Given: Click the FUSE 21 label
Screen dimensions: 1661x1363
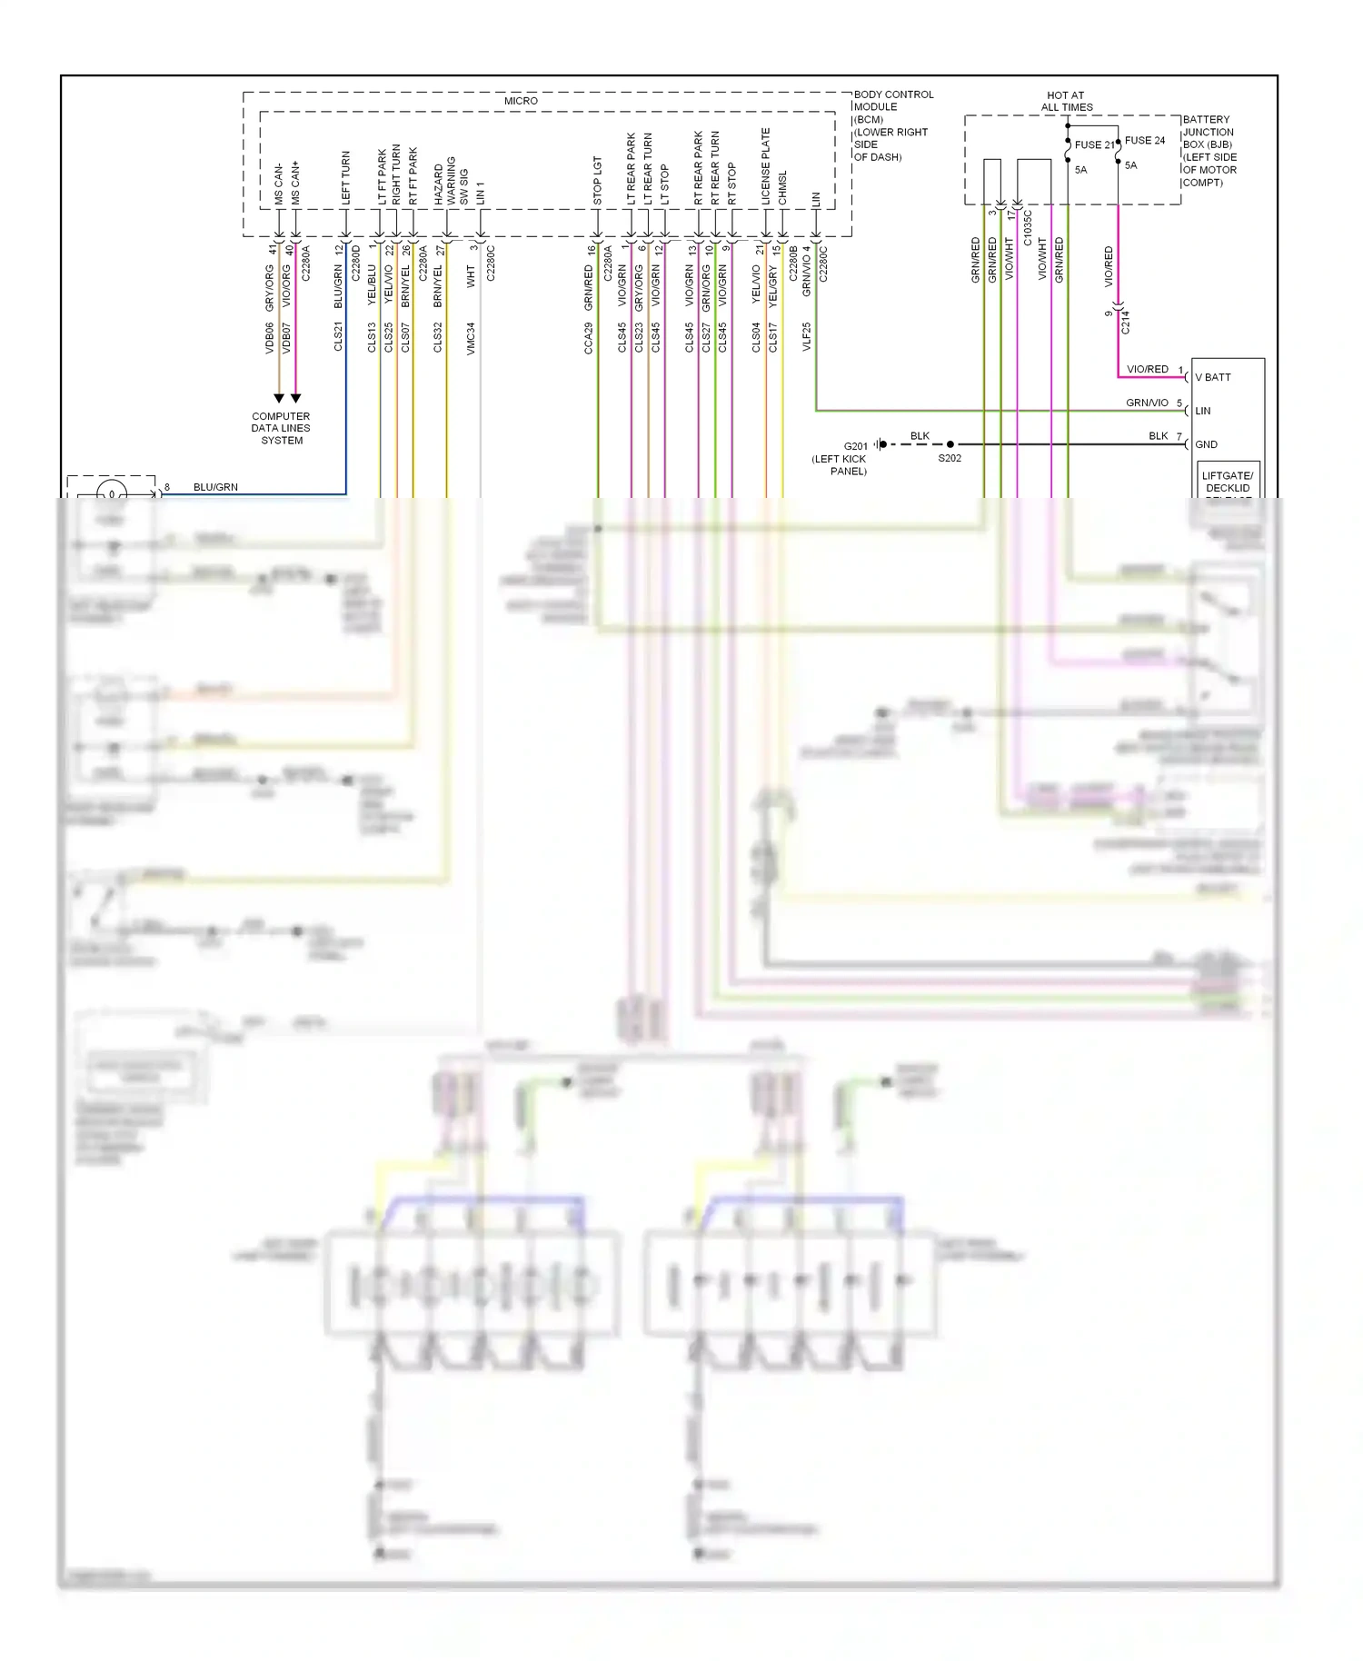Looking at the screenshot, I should tap(1094, 145).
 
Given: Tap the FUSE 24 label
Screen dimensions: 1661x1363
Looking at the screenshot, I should tap(1144, 141).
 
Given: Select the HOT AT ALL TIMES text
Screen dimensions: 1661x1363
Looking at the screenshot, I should tap(1066, 101).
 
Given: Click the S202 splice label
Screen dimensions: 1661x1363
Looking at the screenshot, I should tap(950, 458).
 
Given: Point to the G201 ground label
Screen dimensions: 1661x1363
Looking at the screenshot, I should tap(855, 446).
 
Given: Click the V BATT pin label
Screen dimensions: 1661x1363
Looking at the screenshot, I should tap(1213, 377).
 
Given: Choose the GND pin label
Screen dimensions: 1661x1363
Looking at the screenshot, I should tap(1206, 444).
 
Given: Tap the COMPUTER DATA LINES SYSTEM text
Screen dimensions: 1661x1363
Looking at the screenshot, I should tap(281, 428).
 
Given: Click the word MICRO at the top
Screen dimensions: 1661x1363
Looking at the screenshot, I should tap(521, 101).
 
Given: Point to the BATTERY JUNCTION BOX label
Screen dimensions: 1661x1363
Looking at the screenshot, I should tap(1209, 151).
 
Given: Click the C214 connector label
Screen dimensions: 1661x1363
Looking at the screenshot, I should tap(1126, 322).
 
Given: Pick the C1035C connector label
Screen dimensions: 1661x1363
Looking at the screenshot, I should tap(1028, 228).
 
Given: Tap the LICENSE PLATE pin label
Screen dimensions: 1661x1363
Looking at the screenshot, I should tap(765, 166).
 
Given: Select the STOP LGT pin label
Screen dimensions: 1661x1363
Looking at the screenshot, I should tap(597, 181).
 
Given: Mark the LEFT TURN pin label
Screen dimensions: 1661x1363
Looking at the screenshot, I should tap(345, 177).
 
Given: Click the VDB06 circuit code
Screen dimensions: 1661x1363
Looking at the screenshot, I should tap(269, 337).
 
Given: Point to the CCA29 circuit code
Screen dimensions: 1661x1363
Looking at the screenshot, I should tap(588, 337).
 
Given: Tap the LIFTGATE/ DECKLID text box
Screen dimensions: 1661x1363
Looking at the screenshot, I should tap(1227, 482).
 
